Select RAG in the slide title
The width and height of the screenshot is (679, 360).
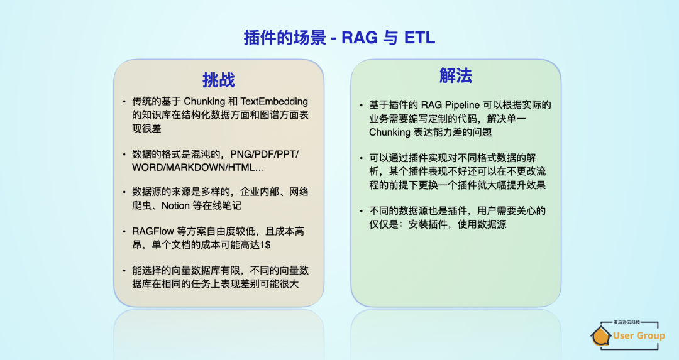[360, 38]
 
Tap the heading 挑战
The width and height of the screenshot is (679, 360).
[218, 80]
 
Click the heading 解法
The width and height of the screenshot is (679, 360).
[455, 76]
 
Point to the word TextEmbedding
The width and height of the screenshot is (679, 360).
[273, 101]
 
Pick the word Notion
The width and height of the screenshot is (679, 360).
[175, 205]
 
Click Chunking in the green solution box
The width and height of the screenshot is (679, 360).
[390, 132]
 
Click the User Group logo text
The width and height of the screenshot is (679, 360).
[639, 335]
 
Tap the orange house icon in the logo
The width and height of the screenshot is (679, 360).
[601, 336]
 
